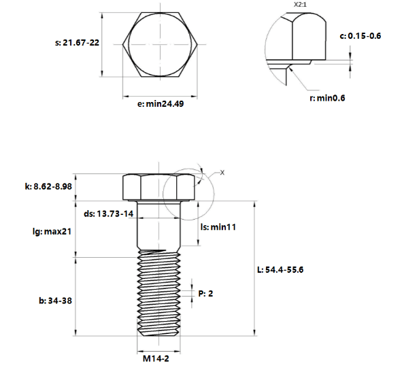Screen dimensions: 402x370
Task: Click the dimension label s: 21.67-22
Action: (77, 43)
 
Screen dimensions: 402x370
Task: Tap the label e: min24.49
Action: (161, 104)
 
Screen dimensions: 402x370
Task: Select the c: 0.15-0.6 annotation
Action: (361, 36)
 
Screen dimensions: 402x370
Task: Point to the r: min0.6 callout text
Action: (327, 98)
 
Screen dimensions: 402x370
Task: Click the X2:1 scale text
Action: (300, 5)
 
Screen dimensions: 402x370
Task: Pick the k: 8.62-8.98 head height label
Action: (48, 186)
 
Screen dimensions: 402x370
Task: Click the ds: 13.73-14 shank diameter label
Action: (108, 214)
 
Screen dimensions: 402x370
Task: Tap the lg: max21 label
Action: (52, 231)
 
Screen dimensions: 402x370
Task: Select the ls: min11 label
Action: (218, 227)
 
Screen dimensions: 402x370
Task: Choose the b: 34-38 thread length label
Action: (55, 301)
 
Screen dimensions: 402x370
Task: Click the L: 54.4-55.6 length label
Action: (280, 270)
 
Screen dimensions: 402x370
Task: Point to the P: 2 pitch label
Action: (205, 294)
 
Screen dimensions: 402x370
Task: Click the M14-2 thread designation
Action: (156, 358)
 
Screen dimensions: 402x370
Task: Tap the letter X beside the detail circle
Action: (222, 173)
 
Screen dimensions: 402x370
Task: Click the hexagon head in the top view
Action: (160, 44)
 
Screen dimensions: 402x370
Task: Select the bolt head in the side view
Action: (158, 187)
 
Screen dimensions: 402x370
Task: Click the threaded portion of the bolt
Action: (158, 293)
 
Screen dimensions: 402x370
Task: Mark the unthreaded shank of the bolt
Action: (158, 226)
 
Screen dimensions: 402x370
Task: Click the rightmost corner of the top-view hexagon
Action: (197, 44)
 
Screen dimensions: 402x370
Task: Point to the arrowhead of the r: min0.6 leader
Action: (290, 67)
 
